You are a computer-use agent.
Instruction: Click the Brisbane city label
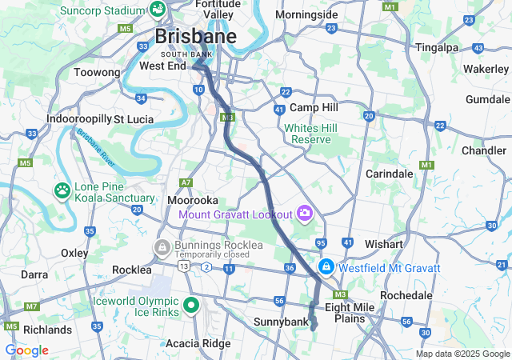tap(195, 37)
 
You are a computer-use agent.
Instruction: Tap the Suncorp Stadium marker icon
tap(158, 10)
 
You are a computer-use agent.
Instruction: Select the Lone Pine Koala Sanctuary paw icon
tap(62, 191)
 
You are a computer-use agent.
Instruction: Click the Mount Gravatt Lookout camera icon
tap(304, 213)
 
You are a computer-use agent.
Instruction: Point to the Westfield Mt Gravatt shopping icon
tap(326, 266)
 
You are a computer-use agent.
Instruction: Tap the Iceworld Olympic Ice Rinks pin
tap(191, 306)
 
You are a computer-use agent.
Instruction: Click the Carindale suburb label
tap(389, 174)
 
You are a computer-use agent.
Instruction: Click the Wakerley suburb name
tap(486, 69)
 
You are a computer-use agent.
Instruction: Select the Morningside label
tap(306, 15)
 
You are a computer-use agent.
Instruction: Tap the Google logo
tap(26, 350)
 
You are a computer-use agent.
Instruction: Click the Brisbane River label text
tap(94, 145)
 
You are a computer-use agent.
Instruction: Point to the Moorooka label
tap(193, 199)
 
